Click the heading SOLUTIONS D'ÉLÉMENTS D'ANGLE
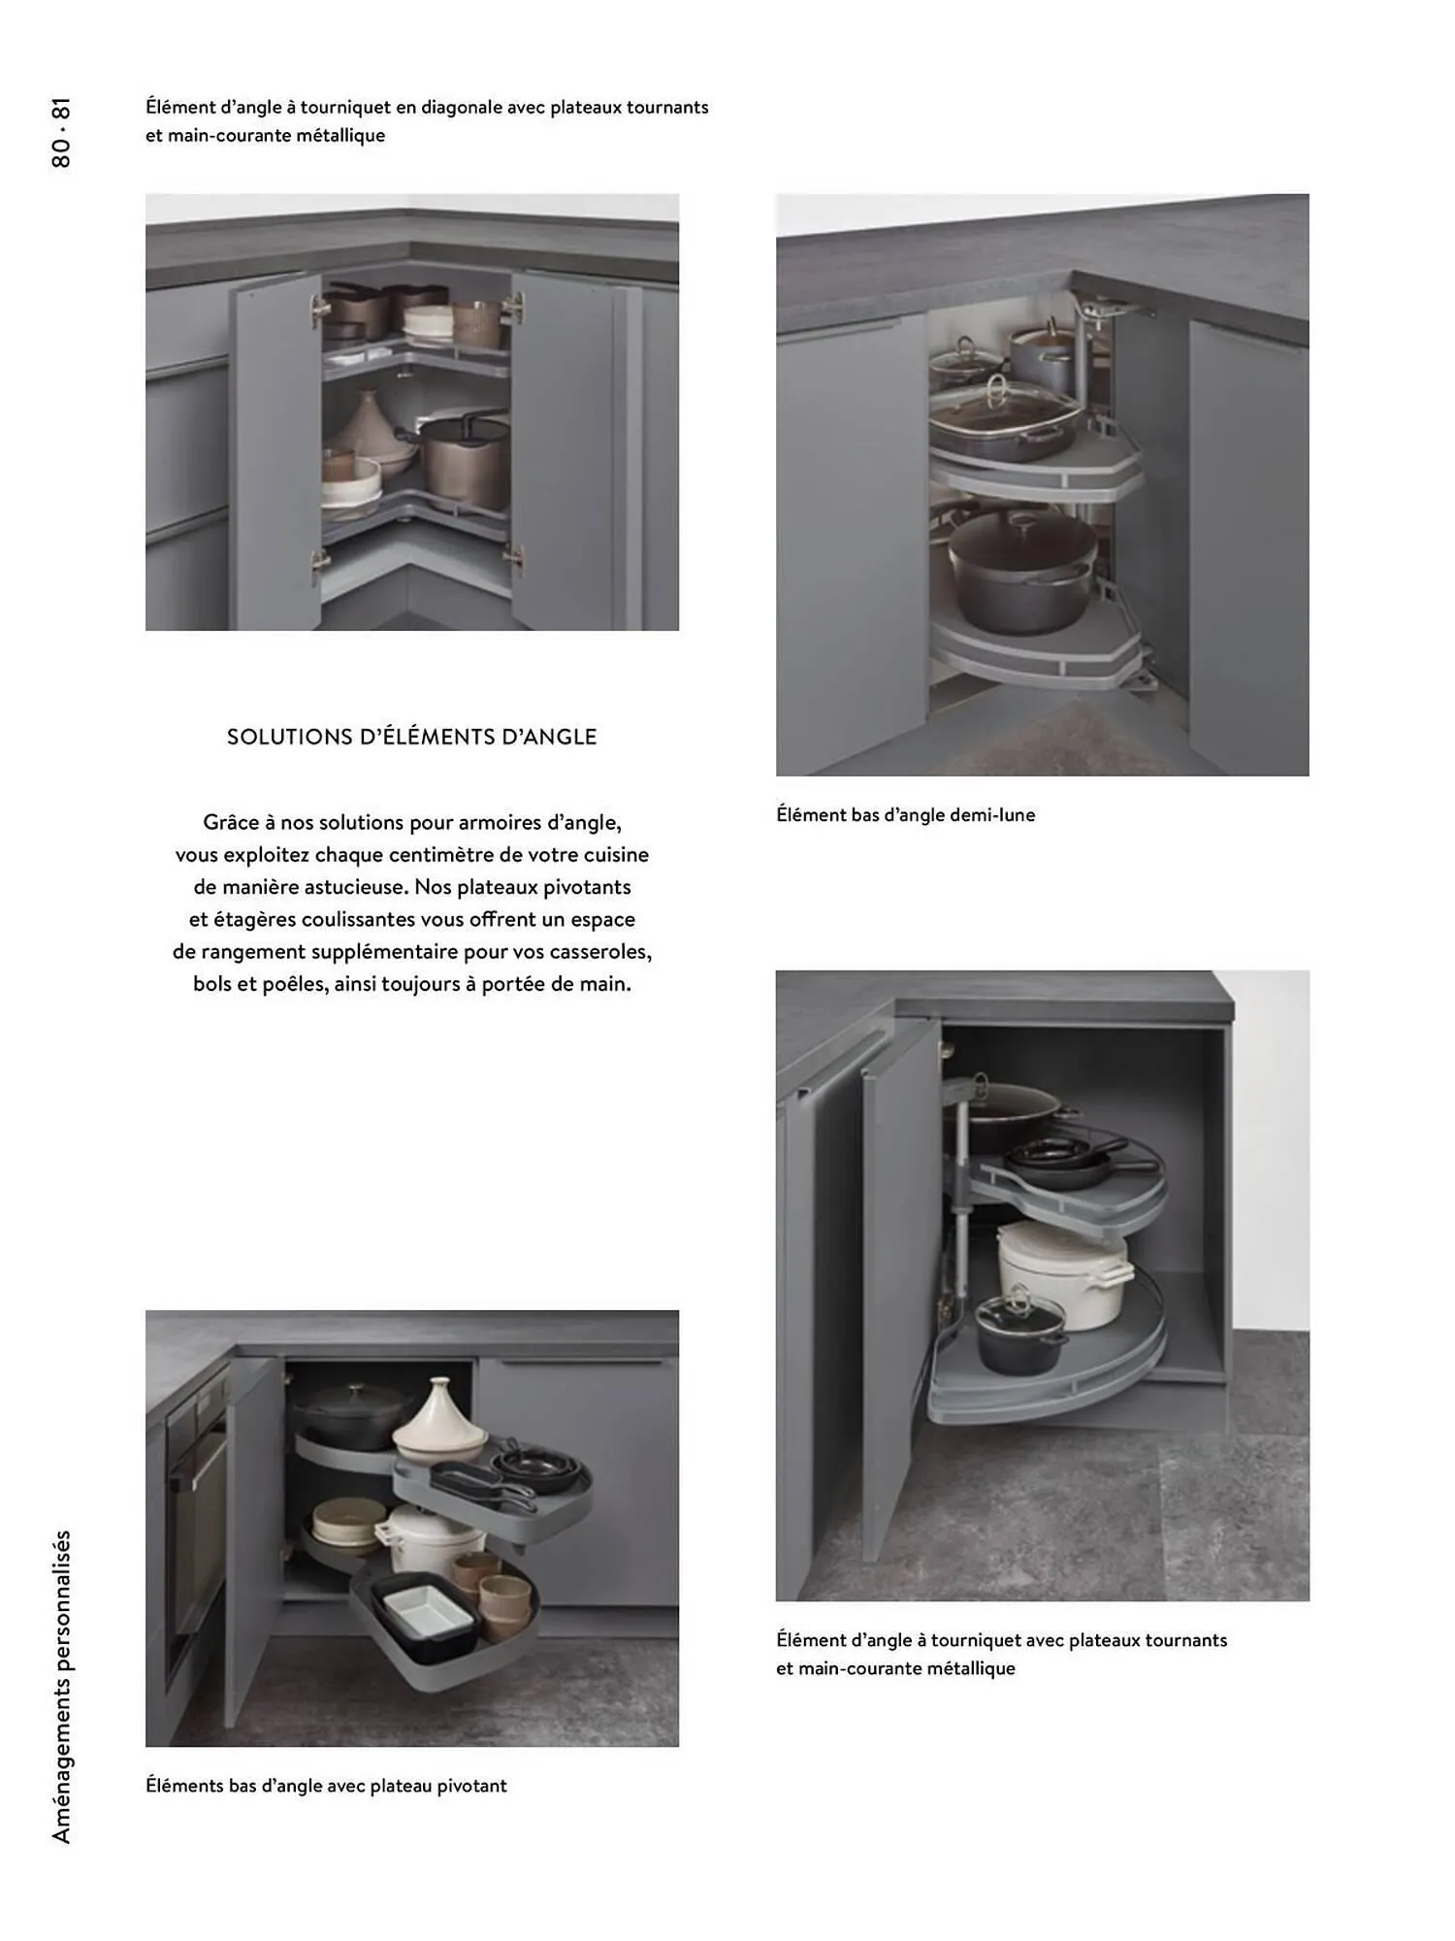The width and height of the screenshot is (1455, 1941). pos(411,737)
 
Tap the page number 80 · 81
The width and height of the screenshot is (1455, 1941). pos(61,133)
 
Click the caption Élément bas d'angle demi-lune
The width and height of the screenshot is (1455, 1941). pos(905,815)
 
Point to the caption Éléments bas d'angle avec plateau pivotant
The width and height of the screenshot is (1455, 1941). pos(326,1786)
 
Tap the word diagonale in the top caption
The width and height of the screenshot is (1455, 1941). pos(461,108)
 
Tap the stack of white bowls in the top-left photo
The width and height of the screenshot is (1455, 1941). pos(428,324)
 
